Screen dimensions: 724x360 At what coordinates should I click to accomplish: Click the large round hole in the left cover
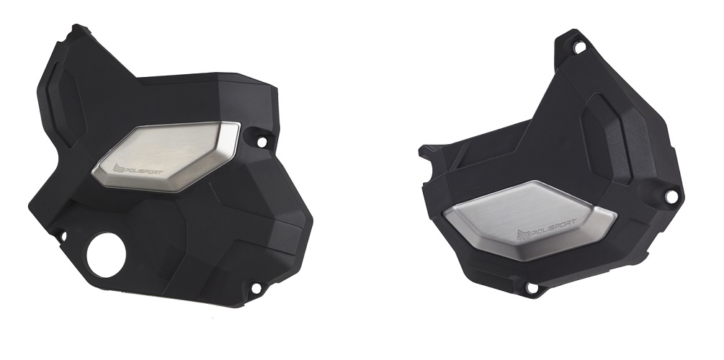point(106,255)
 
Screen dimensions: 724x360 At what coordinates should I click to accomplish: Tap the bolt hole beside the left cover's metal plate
point(262,141)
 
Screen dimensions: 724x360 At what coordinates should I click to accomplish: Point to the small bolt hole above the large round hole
point(63,236)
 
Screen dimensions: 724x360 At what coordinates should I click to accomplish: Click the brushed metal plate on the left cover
point(166,156)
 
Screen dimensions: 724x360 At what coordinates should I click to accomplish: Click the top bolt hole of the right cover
point(579,47)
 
